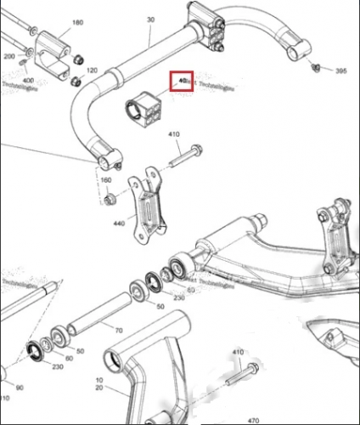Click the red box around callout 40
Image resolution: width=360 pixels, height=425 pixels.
click(182, 82)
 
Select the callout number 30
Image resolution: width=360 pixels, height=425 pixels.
click(151, 19)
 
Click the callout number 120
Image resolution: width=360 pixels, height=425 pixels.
click(92, 70)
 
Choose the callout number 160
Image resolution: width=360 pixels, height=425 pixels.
click(106, 181)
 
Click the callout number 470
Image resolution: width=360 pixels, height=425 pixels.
click(252, 419)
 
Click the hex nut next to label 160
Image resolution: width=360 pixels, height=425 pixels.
click(110, 200)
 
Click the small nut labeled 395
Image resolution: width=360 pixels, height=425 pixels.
click(314, 66)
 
